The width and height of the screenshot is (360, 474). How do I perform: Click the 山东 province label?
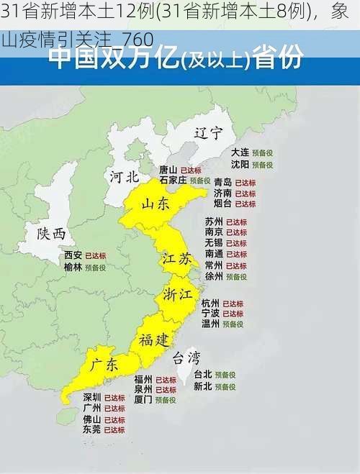[x=156, y=204]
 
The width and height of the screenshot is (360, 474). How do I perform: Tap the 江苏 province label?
[x=176, y=259]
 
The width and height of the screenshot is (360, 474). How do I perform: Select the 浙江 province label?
[x=177, y=295]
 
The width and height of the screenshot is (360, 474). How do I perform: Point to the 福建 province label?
[x=154, y=339]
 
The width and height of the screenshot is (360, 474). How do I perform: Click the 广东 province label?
[x=104, y=365]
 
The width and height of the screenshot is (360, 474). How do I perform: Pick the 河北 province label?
[x=125, y=176]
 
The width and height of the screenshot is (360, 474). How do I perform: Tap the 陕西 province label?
[x=51, y=233]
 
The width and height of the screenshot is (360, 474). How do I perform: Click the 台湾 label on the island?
[x=186, y=357]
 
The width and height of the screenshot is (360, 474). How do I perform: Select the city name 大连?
[x=240, y=152]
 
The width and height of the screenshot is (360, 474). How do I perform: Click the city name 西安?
[x=73, y=255]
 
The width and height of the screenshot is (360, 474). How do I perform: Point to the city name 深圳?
[x=91, y=397]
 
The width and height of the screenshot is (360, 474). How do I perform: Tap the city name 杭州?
[x=210, y=303]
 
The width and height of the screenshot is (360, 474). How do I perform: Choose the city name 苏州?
[x=214, y=222]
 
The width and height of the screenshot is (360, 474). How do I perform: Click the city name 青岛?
[x=222, y=183]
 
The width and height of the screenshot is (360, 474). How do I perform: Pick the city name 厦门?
[x=143, y=399]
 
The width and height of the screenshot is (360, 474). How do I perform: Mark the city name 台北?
[x=203, y=375]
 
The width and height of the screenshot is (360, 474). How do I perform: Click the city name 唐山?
[x=168, y=170]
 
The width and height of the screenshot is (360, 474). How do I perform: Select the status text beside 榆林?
[x=95, y=267]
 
